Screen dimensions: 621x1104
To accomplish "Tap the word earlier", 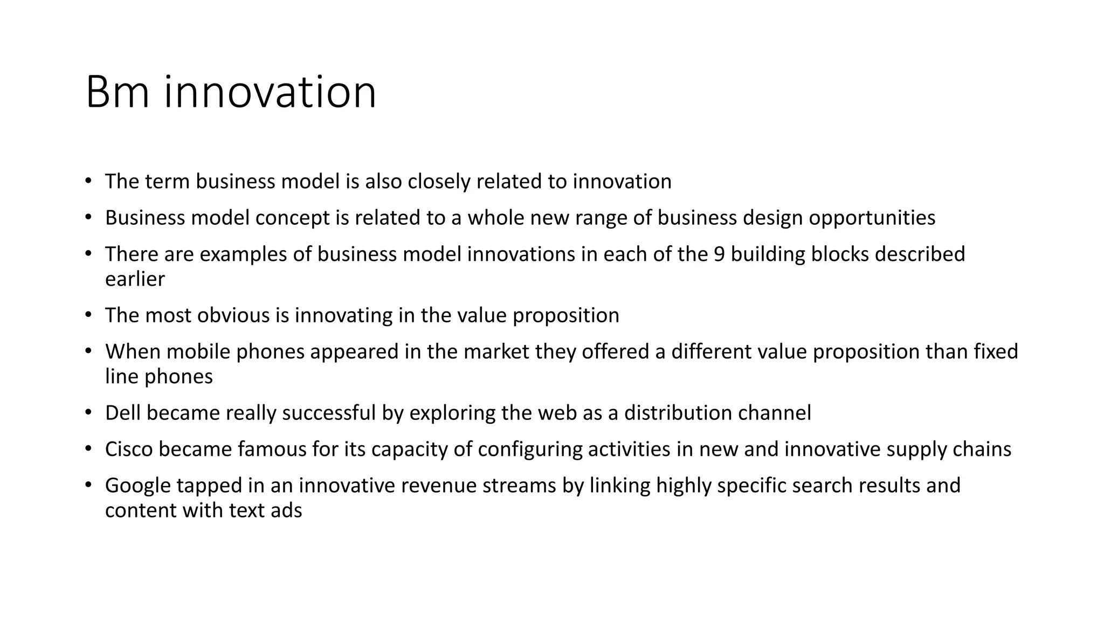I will tap(135, 279).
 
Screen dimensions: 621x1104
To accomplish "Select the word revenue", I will tap(437, 486).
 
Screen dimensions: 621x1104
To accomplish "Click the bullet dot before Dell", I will tap(88, 413).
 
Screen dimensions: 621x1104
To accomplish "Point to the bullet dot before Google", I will tap(88, 485).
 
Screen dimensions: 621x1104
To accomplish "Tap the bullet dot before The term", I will tap(88, 181).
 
